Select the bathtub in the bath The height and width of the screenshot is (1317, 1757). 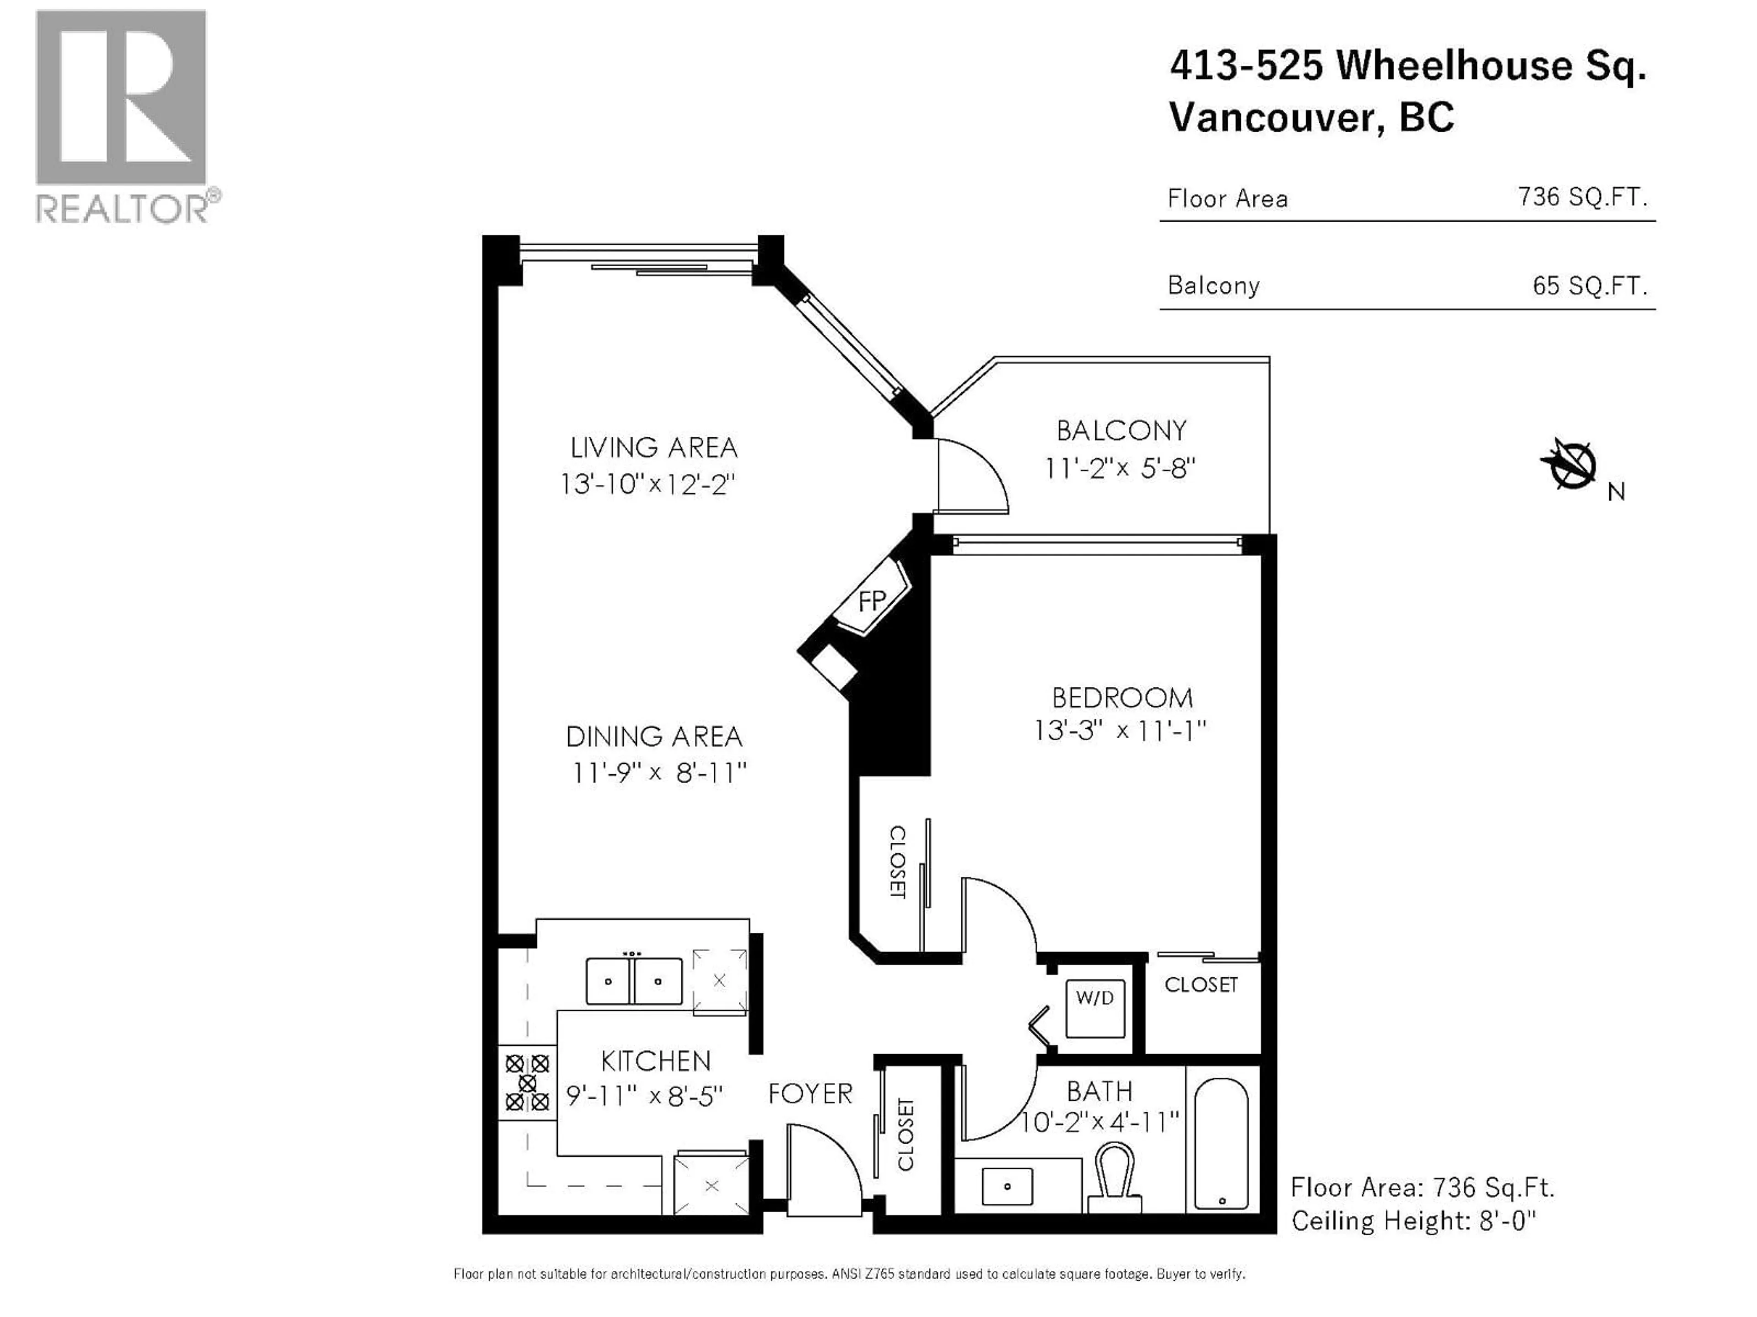[x=1222, y=1143]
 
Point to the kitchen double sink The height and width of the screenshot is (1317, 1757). [x=633, y=981]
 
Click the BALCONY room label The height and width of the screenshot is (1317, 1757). [x=1121, y=431]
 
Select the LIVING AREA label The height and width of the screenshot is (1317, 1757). [x=654, y=448]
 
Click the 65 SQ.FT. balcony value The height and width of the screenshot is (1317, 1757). [x=1590, y=286]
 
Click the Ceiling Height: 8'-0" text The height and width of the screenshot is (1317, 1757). [x=1414, y=1220]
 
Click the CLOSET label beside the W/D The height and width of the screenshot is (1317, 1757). [x=1200, y=985]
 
